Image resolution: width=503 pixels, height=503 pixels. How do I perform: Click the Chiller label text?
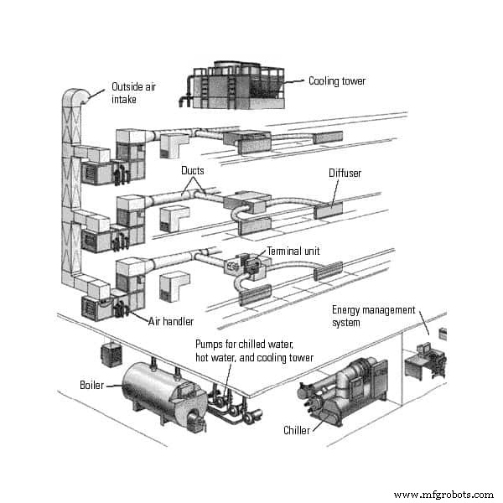click(x=296, y=430)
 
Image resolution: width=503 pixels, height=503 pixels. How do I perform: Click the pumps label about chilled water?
click(x=254, y=350)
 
